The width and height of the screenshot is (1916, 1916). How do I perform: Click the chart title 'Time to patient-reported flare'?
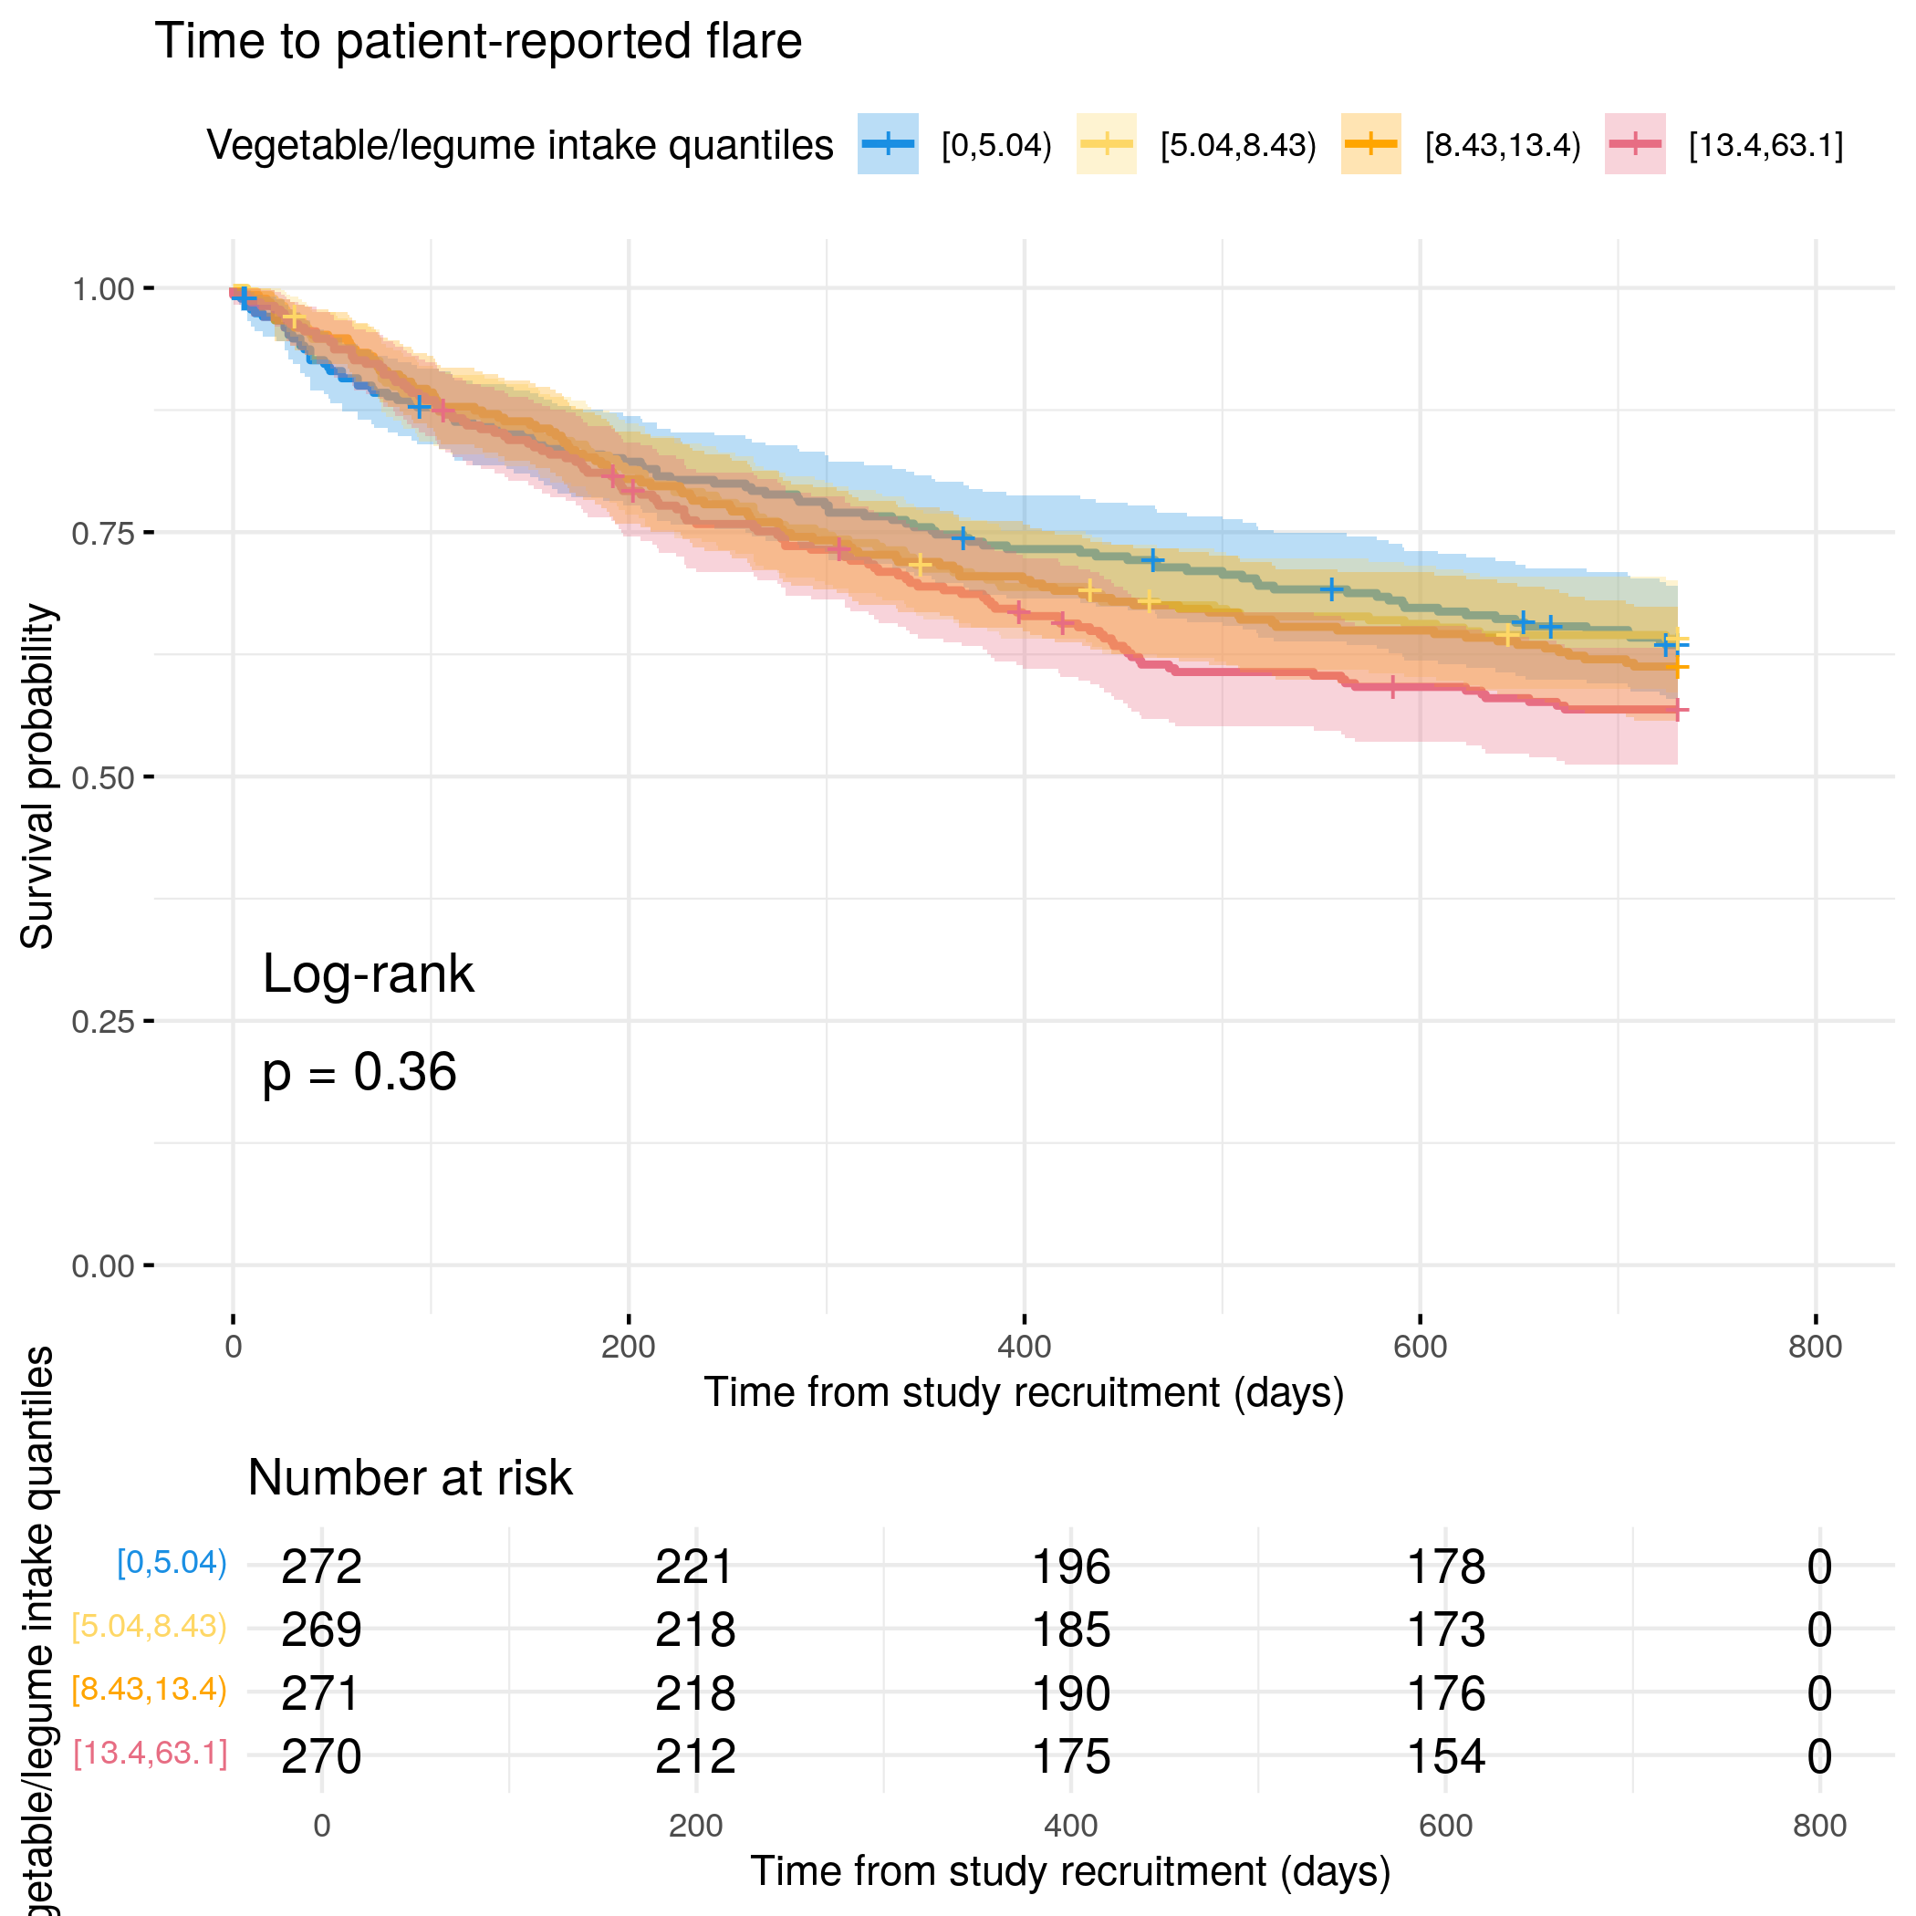coord(478,42)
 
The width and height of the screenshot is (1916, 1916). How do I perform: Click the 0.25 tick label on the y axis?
coord(102,1022)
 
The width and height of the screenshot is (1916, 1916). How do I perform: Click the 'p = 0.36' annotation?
coord(359,1073)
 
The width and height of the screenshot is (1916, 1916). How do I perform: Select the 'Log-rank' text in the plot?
coord(368,974)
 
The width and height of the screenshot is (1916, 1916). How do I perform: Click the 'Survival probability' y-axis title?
coord(37,776)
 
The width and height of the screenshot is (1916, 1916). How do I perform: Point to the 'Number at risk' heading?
coord(410,1478)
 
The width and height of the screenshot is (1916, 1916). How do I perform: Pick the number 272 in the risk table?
coord(321,1567)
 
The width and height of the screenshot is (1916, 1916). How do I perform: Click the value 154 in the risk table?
coord(1446,1756)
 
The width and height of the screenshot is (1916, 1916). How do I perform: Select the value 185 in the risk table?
coord(1071,1630)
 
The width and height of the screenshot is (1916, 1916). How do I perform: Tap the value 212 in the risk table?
coord(695,1756)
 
